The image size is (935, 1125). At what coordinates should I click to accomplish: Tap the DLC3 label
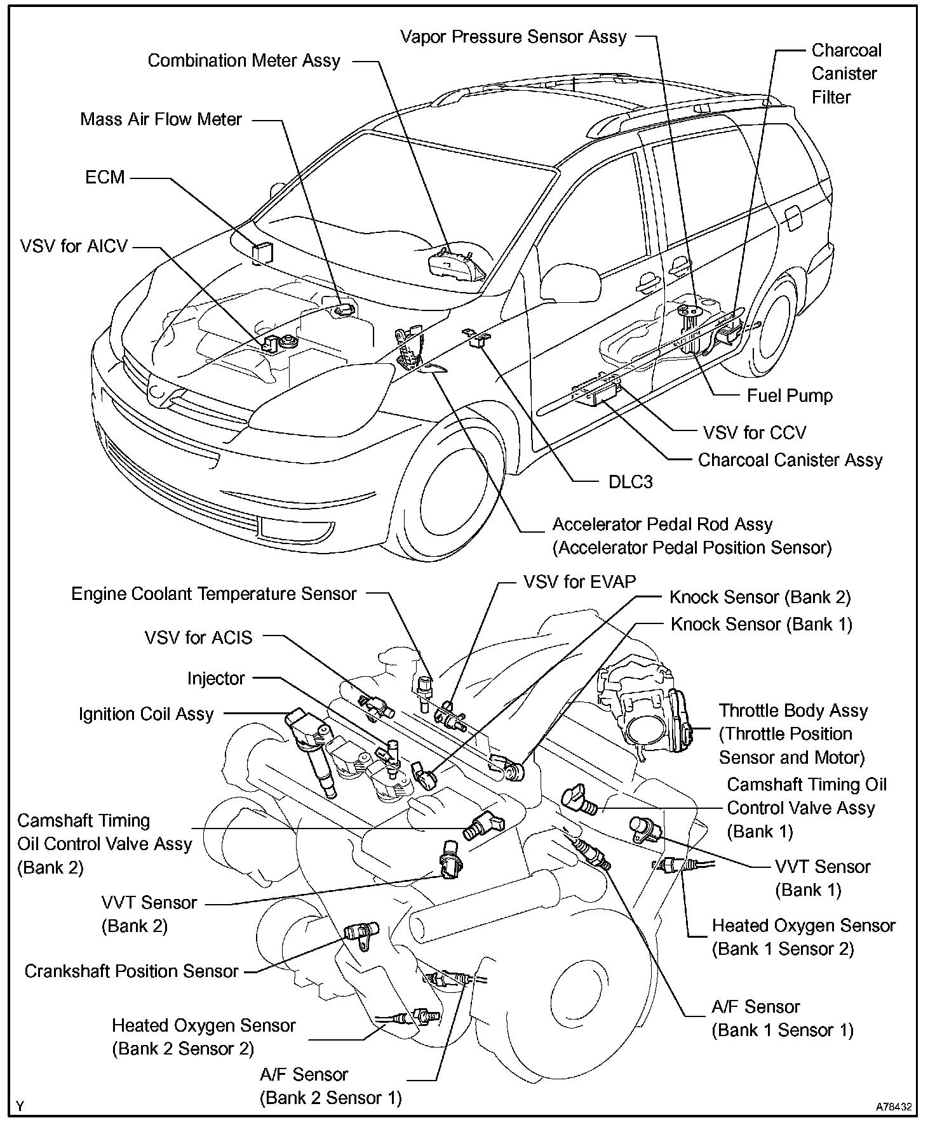(630, 482)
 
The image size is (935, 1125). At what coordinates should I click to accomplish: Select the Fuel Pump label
(789, 396)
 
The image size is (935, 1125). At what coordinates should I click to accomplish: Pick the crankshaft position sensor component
(361, 933)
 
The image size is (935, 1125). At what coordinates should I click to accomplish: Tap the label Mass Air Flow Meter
(161, 119)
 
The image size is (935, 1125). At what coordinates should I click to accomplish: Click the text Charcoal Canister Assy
(790, 460)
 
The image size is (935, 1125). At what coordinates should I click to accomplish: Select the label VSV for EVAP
(579, 582)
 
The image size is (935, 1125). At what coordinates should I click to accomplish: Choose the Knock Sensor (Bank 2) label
(760, 597)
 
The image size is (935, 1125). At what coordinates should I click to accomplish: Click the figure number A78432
(894, 1106)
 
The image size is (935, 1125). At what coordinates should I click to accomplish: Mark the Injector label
(216, 678)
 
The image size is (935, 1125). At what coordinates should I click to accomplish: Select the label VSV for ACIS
(198, 637)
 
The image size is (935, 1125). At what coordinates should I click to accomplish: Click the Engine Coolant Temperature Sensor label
(214, 594)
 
